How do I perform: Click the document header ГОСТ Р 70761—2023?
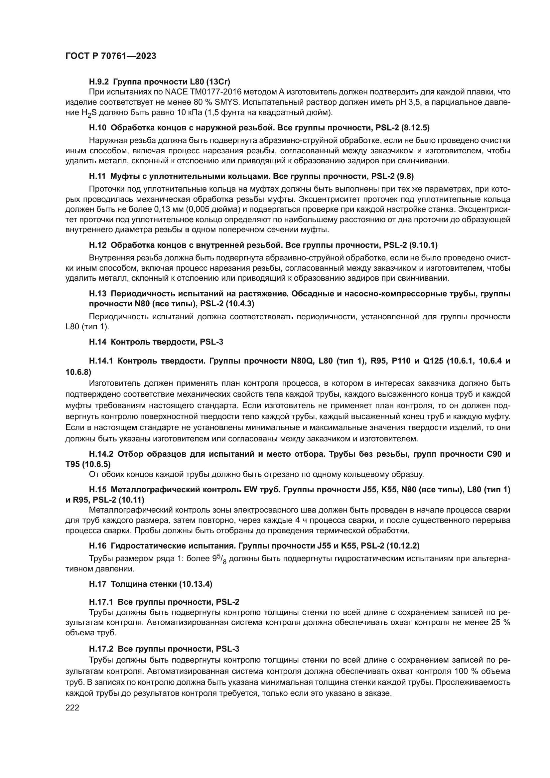coord(111,56)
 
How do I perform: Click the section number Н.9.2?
coord(99,82)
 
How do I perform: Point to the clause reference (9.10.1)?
coord(423,245)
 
